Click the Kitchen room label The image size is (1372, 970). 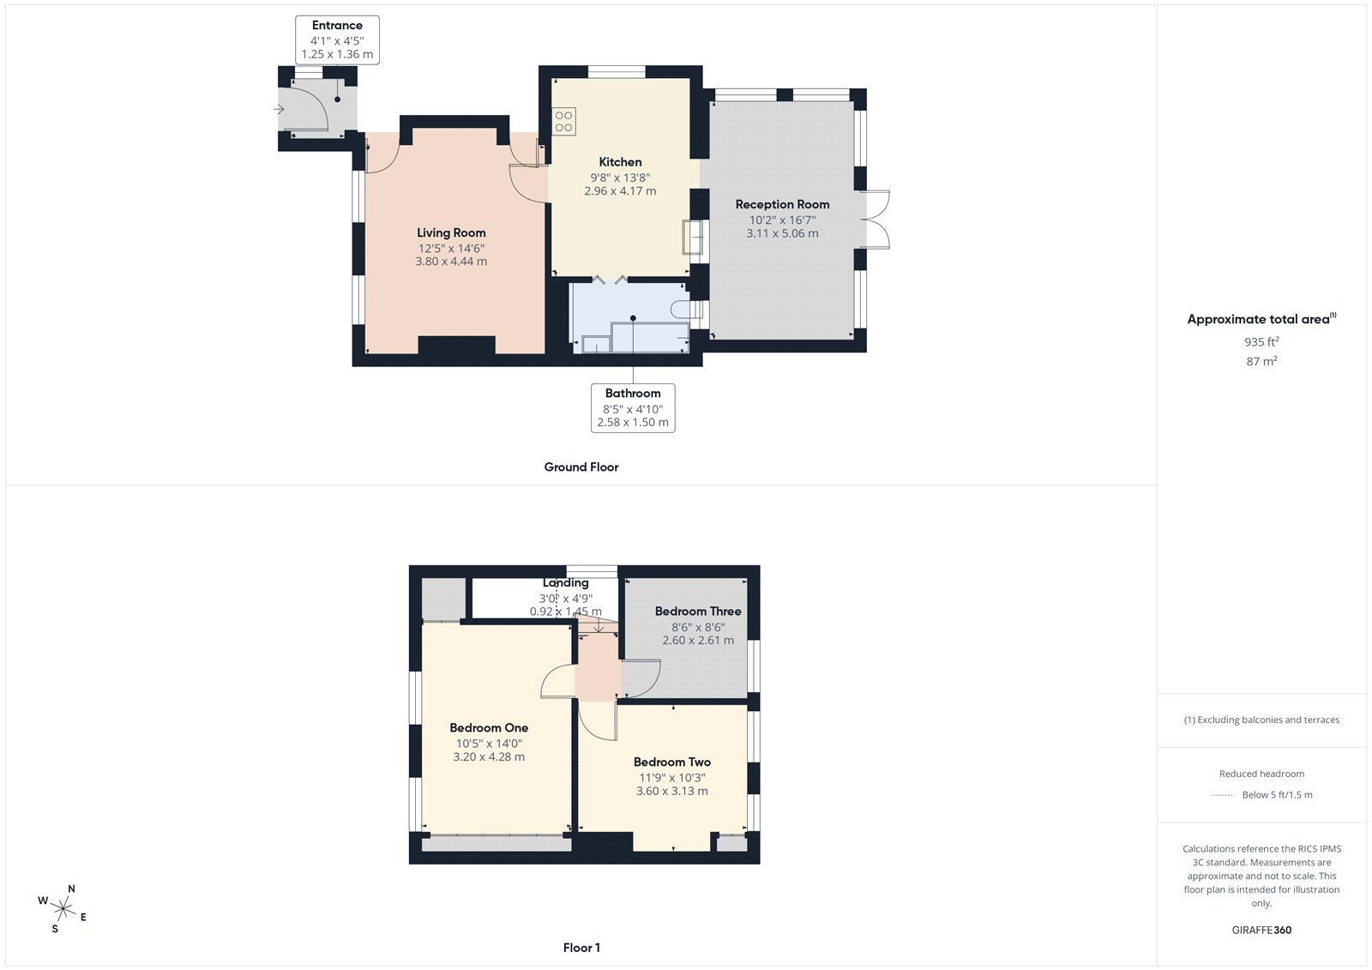pos(620,162)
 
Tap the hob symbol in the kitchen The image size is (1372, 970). pos(563,122)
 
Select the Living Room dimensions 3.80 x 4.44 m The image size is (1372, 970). pos(451,262)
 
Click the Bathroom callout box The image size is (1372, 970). pos(633,407)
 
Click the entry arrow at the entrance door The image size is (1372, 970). pos(279,109)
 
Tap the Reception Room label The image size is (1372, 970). pos(782,204)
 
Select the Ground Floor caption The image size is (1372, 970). pos(581,467)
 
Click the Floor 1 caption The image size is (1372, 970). pos(581,948)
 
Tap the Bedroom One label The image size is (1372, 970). pos(489,728)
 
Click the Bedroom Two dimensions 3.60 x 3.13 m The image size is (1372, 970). pos(671,792)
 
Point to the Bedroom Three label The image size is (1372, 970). pos(698,612)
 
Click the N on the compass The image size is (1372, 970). pos(71,889)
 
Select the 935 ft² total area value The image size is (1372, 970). pos(1261,341)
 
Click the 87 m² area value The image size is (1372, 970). pos(1261,361)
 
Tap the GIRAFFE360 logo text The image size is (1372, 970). pos(1261,930)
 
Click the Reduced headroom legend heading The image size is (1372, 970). pos(1261,774)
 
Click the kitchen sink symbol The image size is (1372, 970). pos(692,238)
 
